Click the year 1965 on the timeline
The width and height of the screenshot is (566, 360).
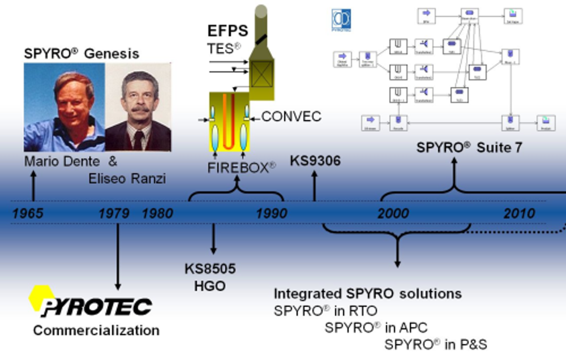(28, 214)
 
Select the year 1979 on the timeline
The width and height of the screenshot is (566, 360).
(114, 214)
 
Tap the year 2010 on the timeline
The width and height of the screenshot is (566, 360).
(519, 214)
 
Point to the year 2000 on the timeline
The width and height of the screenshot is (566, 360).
(393, 214)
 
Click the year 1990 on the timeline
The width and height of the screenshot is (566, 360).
(271, 214)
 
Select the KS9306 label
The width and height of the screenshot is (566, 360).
(315, 161)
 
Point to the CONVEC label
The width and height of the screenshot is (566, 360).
(291, 117)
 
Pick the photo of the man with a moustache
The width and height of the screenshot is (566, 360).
(138, 106)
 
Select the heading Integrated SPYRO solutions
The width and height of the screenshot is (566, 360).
(367, 294)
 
